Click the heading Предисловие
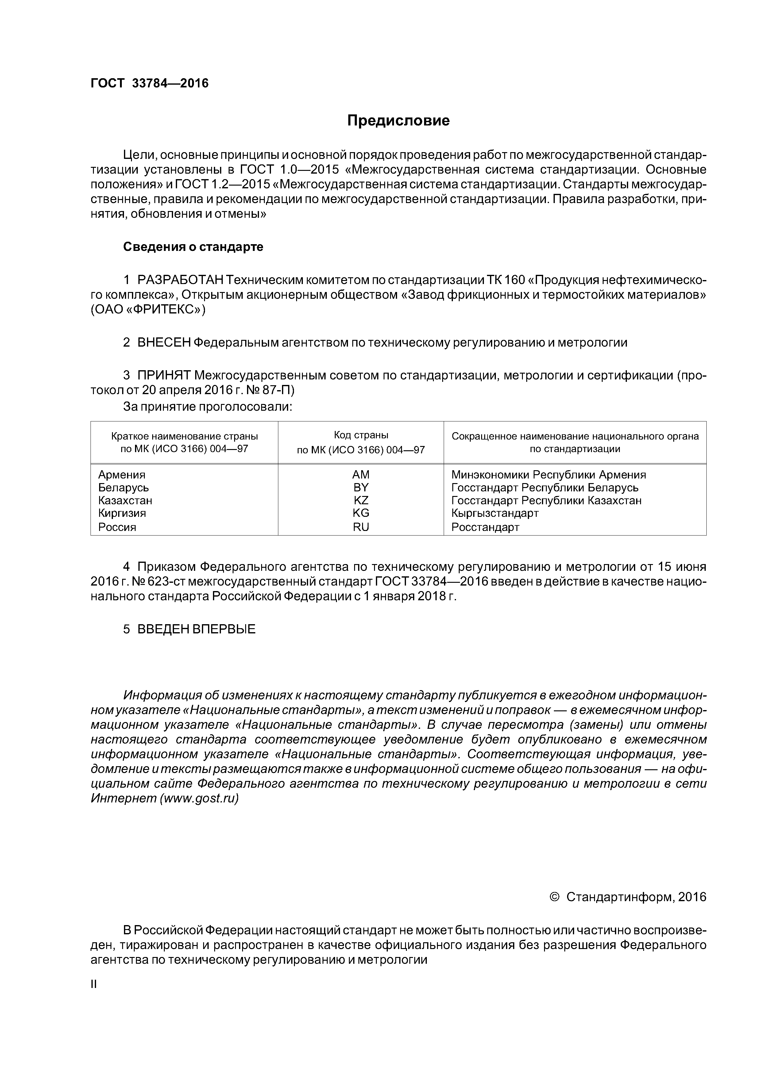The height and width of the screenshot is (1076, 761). [398, 121]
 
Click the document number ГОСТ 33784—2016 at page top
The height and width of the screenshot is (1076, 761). [149, 83]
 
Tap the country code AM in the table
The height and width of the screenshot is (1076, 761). [361, 475]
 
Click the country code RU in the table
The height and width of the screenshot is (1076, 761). [361, 527]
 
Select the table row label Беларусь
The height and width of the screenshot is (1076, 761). [123, 487]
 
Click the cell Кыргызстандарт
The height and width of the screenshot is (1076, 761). [495, 513]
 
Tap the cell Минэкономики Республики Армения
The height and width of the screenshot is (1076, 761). [548, 475]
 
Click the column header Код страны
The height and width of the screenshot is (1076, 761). [361, 435]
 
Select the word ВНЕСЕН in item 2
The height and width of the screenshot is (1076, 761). [164, 343]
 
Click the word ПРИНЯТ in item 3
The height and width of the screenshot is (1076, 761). [164, 375]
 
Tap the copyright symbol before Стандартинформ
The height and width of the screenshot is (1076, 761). [554, 897]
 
